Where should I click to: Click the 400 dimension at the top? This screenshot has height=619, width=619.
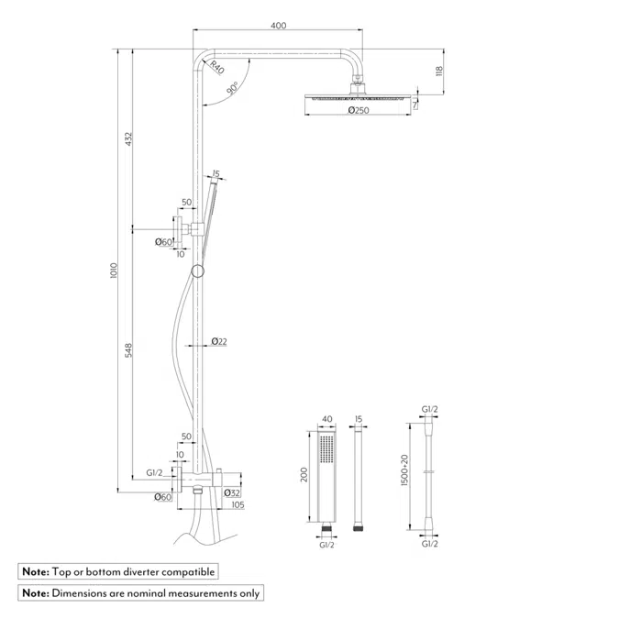point(278,26)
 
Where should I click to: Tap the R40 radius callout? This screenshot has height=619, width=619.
point(216,66)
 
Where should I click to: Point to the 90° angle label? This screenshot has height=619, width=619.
point(234,88)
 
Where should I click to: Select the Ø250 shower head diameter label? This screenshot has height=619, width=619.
point(358,111)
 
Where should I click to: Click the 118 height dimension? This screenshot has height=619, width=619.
point(439,72)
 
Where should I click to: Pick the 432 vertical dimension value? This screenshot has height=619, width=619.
point(130,138)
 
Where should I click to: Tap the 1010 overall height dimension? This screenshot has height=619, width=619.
point(114,271)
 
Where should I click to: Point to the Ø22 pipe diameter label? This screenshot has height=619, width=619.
point(219,341)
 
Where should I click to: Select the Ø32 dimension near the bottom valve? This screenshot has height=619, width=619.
point(231,492)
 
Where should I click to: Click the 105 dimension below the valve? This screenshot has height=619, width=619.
point(238,505)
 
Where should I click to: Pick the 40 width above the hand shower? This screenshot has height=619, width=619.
point(326,420)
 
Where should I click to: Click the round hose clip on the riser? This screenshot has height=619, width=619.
point(197,271)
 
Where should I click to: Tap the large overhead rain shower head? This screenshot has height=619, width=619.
point(358,98)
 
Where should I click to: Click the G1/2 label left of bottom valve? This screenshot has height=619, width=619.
point(154,473)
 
